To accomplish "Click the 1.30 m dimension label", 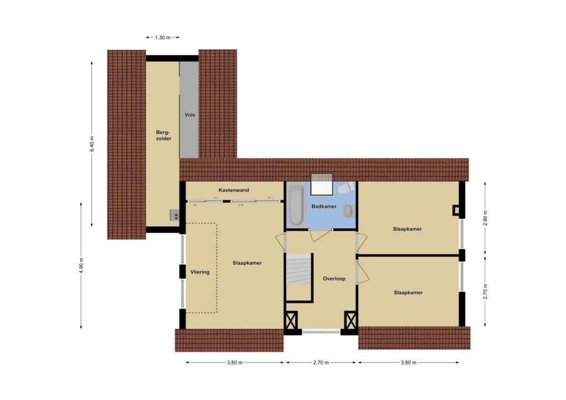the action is click(x=163, y=38).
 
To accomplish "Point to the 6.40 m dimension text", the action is click(x=92, y=144).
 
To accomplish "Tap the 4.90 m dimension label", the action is click(x=81, y=265).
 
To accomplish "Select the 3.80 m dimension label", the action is click(x=234, y=362).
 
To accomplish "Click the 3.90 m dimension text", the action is click(x=408, y=362).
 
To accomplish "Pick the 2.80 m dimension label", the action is click(x=485, y=218).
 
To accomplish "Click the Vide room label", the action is click(x=190, y=115).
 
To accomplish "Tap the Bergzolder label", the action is click(x=164, y=135).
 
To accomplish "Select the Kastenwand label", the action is click(x=234, y=190).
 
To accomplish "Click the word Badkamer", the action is click(x=324, y=206).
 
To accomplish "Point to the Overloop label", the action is click(x=334, y=278).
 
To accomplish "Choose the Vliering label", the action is click(x=200, y=272).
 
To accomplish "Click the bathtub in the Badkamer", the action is click(x=296, y=205).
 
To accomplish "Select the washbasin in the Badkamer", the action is click(x=348, y=211).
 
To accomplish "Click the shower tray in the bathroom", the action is click(x=322, y=184).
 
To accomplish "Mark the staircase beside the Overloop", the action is click(x=298, y=269).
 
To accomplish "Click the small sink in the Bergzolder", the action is click(x=175, y=215).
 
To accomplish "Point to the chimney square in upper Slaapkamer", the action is click(x=457, y=210).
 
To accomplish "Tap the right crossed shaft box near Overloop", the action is click(x=350, y=320).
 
